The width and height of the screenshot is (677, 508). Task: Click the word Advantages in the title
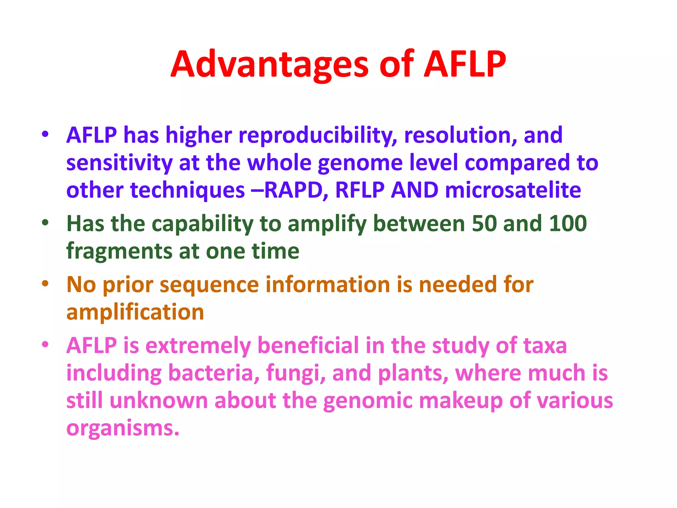[x=269, y=64]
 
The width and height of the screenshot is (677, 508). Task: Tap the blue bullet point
[x=45, y=134]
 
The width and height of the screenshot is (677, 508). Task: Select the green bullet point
[x=45, y=223]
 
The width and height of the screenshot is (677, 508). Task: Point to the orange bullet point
[x=45, y=283]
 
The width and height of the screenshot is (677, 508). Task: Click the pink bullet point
[x=45, y=344]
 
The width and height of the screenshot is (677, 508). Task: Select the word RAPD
[x=293, y=190]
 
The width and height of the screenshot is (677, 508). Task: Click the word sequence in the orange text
[x=209, y=285]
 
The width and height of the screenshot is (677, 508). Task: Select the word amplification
[x=135, y=313]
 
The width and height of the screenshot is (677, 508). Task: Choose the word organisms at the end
[x=122, y=429]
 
